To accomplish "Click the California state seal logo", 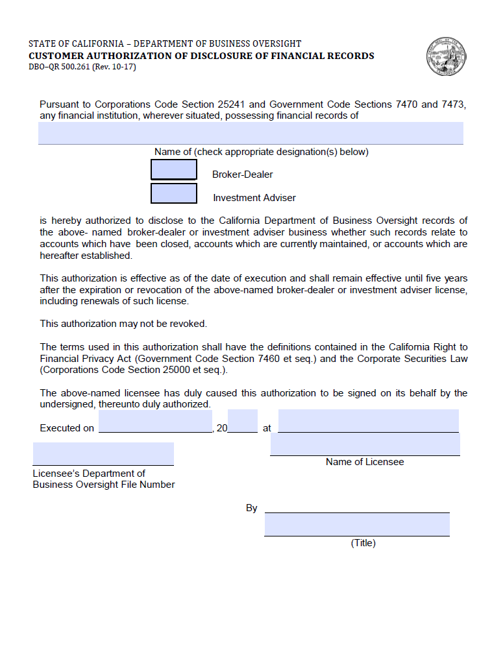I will (447, 57).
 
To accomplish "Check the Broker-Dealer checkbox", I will (174, 170).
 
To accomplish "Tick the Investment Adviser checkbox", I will (174, 193).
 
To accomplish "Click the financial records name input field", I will (251, 133).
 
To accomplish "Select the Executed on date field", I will (155, 421).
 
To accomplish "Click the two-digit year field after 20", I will (243, 421).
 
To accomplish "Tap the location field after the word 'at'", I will (368, 421).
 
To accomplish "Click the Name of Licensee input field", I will (365, 445).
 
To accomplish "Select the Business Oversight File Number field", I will (103, 453).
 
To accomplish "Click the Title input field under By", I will (356, 525).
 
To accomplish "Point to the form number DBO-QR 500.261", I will (82, 67).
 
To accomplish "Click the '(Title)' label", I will (363, 543).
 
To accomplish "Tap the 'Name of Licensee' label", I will (365, 462).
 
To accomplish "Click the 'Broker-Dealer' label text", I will (242, 175).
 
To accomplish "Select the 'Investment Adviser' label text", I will (254, 198).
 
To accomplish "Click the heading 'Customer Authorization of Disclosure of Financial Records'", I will (201, 56).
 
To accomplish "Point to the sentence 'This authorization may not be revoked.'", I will (123, 324).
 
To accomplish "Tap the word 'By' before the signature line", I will (252, 508).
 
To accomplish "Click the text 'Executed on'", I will (67, 428).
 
